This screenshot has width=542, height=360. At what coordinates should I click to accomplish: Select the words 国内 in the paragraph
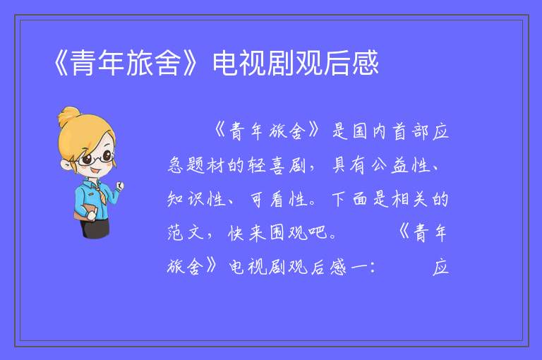pyautogui.click(x=369, y=131)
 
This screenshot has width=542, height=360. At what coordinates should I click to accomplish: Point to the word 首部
pyautogui.click(x=410, y=131)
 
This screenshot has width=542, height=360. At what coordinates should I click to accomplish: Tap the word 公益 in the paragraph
pyautogui.click(x=390, y=165)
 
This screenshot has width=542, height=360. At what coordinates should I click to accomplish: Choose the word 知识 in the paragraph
pyautogui.click(x=186, y=199)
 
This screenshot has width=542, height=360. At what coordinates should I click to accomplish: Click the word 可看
pyautogui.click(x=266, y=199)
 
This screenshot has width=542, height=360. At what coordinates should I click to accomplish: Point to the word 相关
pyautogui.click(x=409, y=199)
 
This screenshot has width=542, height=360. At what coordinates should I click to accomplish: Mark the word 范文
pyautogui.click(x=186, y=233)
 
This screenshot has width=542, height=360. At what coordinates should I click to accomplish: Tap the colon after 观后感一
pyautogui.click(x=373, y=268)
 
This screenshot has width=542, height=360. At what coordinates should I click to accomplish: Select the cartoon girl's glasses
pyautogui.click(x=96, y=158)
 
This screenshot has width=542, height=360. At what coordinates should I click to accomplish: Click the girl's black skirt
pyautogui.click(x=96, y=228)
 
